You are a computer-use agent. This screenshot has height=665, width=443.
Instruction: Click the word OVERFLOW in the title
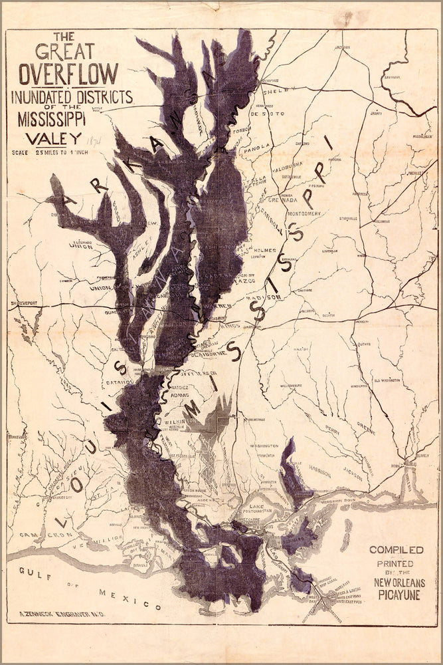point(69,74)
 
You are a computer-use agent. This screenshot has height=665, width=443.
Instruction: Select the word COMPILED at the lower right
point(397,549)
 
